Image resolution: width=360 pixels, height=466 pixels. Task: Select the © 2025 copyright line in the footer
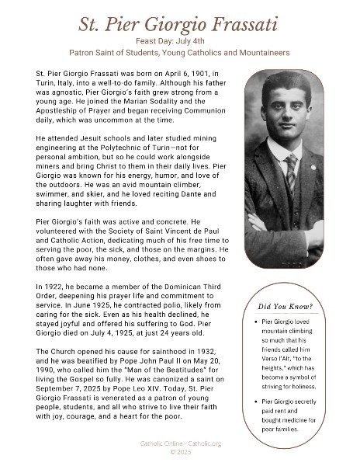point(180,451)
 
